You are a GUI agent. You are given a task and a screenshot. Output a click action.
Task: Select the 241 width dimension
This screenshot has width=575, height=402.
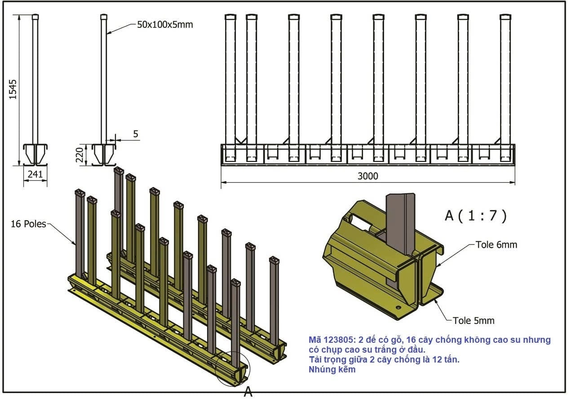click(35, 174)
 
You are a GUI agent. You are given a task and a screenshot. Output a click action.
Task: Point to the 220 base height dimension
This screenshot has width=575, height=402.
click(80, 155)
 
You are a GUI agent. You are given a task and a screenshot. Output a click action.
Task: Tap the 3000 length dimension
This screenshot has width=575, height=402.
click(367, 176)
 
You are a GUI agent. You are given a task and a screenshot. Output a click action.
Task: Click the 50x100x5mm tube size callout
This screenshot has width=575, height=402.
click(165, 25)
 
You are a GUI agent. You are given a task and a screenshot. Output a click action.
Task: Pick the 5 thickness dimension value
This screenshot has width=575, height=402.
click(136, 133)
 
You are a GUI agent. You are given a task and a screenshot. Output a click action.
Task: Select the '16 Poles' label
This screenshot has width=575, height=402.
click(28, 223)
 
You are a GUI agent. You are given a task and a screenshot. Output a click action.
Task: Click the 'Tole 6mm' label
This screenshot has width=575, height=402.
click(496, 245)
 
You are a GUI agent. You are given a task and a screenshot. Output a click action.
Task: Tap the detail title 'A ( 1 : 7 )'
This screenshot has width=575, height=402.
click(476, 216)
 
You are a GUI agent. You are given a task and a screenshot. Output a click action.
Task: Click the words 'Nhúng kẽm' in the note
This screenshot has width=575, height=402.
click(332, 370)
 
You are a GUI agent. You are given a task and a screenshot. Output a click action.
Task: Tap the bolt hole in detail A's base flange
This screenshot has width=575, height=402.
click(398, 308)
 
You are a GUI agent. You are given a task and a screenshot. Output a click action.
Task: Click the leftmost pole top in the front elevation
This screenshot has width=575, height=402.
click(230, 17)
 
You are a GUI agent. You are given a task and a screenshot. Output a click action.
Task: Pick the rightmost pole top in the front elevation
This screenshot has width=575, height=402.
click(505, 17)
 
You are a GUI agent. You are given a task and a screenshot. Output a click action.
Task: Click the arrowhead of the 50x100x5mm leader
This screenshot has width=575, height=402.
click(108, 33)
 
